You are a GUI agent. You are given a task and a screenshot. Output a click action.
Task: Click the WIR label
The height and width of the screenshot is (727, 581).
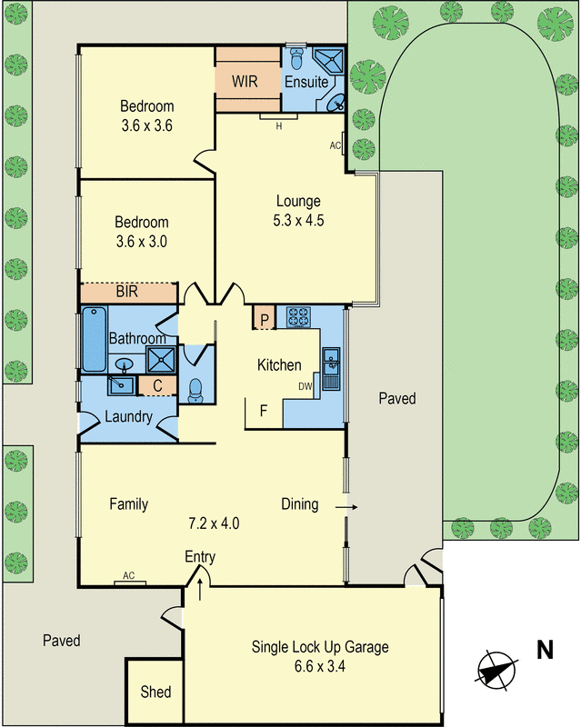point(245,81)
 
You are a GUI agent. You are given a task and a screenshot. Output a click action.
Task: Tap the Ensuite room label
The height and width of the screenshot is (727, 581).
point(306,82)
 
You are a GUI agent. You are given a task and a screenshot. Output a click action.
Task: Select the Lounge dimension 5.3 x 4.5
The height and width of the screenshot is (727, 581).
point(299,219)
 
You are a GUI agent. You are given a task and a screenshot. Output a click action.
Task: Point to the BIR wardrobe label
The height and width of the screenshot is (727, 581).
point(127,293)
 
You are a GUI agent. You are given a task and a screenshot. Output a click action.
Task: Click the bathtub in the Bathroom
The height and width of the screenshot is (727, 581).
point(94,339)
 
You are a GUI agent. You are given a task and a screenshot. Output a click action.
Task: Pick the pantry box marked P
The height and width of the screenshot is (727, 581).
point(264,319)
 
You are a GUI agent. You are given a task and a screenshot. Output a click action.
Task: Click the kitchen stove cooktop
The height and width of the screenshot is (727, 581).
point(299,317)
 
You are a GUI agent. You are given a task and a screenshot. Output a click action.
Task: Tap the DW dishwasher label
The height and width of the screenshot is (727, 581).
point(305,386)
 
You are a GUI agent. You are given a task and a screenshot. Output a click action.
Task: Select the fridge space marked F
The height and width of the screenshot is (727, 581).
point(264,411)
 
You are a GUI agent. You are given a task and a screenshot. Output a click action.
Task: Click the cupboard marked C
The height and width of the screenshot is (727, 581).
point(156,386)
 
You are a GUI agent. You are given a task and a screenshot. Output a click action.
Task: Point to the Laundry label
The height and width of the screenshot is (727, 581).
point(128,418)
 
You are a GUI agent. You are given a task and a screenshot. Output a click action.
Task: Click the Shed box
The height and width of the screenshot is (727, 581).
point(155,692)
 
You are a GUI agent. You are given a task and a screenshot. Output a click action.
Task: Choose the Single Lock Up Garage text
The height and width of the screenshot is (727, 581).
point(320,647)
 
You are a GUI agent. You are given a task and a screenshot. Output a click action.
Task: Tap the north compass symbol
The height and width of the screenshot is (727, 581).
point(496,669)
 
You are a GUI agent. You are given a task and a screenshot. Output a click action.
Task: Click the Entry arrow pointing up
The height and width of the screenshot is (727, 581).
point(199,589)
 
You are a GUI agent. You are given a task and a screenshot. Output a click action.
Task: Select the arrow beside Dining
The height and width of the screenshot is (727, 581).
point(346,505)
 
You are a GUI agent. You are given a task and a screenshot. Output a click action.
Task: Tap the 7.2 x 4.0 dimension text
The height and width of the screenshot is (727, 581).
point(213,523)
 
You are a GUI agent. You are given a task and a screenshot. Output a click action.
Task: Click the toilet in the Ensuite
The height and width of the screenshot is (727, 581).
point(301,60)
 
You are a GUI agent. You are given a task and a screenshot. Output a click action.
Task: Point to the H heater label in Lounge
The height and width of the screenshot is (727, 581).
point(278,125)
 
